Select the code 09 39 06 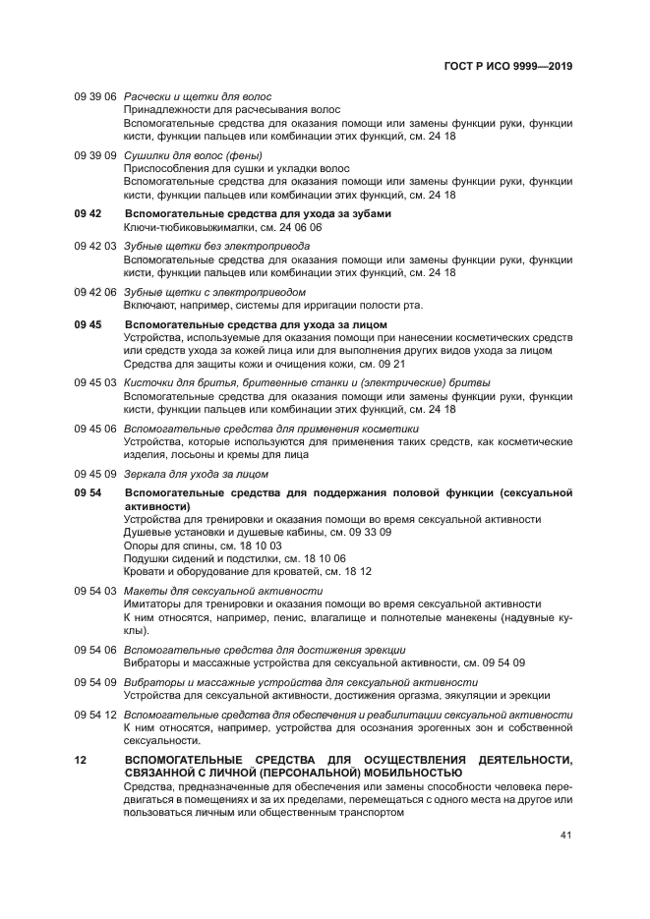95,96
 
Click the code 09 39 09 95,155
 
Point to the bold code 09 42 89,214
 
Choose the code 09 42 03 95,246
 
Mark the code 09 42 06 95,292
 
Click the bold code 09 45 89,324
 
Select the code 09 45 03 95,382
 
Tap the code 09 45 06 95,429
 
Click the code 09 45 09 95,474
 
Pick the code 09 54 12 95,715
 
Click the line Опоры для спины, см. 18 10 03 203,545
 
